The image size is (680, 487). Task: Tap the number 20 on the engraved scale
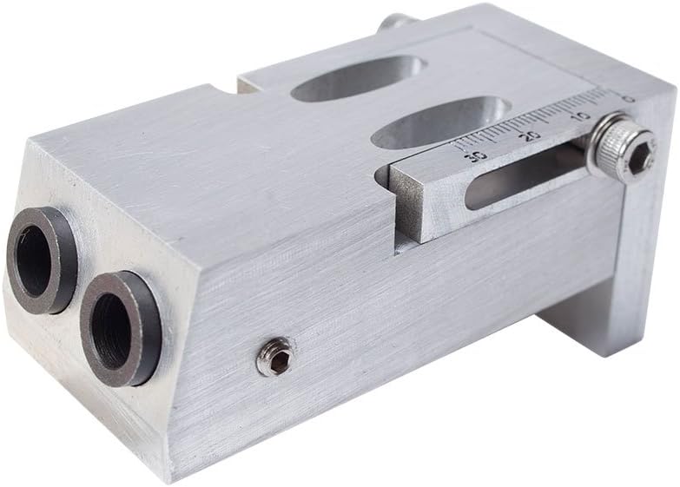click(531, 135)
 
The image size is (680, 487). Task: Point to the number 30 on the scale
click(476, 155)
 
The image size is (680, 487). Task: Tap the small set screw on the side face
click(275, 357)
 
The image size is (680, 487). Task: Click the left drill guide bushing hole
click(36, 258)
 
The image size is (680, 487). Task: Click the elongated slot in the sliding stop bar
click(521, 179)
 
